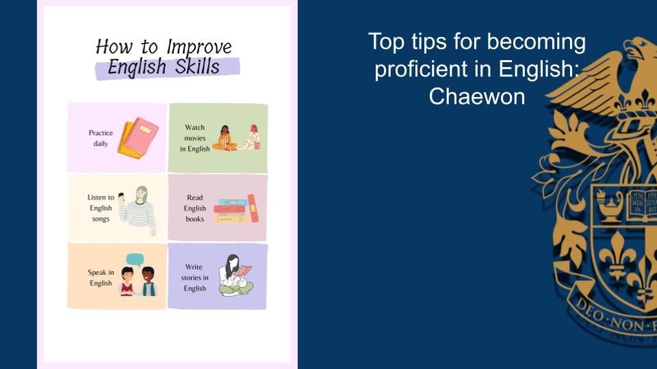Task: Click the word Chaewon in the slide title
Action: click(x=477, y=96)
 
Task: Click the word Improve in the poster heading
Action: click(x=199, y=47)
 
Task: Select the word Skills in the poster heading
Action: click(x=197, y=66)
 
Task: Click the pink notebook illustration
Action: click(x=141, y=137)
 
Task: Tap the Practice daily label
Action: click(x=101, y=138)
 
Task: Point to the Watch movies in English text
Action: click(x=195, y=138)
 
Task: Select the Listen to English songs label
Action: click(x=101, y=208)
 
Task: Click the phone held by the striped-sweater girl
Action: click(x=122, y=197)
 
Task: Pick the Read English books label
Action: click(x=195, y=208)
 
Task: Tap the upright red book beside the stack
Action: click(x=253, y=208)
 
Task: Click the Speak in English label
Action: click(x=101, y=277)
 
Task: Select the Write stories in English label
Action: click(x=194, y=277)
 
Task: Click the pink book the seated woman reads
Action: click(x=243, y=271)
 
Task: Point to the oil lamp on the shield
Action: click(x=609, y=206)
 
